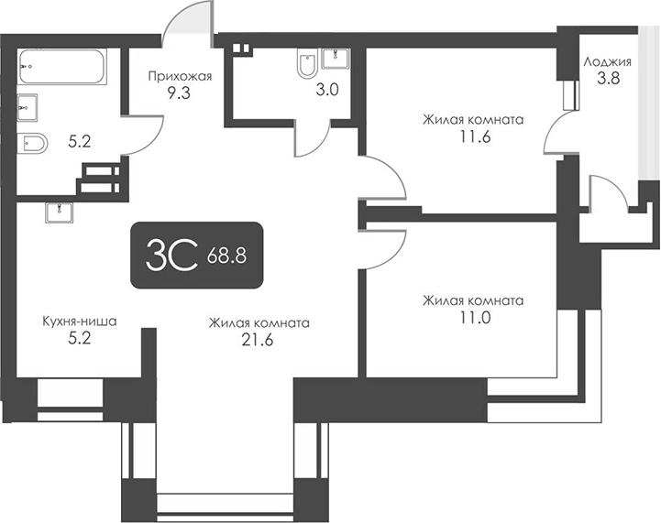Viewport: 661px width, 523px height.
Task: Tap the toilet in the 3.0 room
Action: point(307,65)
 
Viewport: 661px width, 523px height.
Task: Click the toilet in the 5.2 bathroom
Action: point(34,143)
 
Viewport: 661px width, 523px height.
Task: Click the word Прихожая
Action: point(181,76)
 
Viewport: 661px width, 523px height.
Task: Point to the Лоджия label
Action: point(607,62)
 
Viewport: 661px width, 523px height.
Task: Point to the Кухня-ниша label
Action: point(81,322)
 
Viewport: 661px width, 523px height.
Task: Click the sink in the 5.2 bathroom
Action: point(27,106)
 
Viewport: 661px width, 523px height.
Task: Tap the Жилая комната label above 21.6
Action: point(259,323)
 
